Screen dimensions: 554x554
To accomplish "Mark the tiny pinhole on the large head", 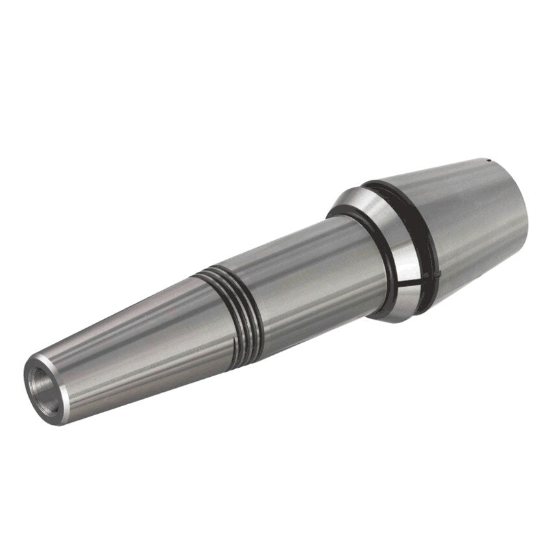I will pyautogui.click(x=485, y=159).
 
